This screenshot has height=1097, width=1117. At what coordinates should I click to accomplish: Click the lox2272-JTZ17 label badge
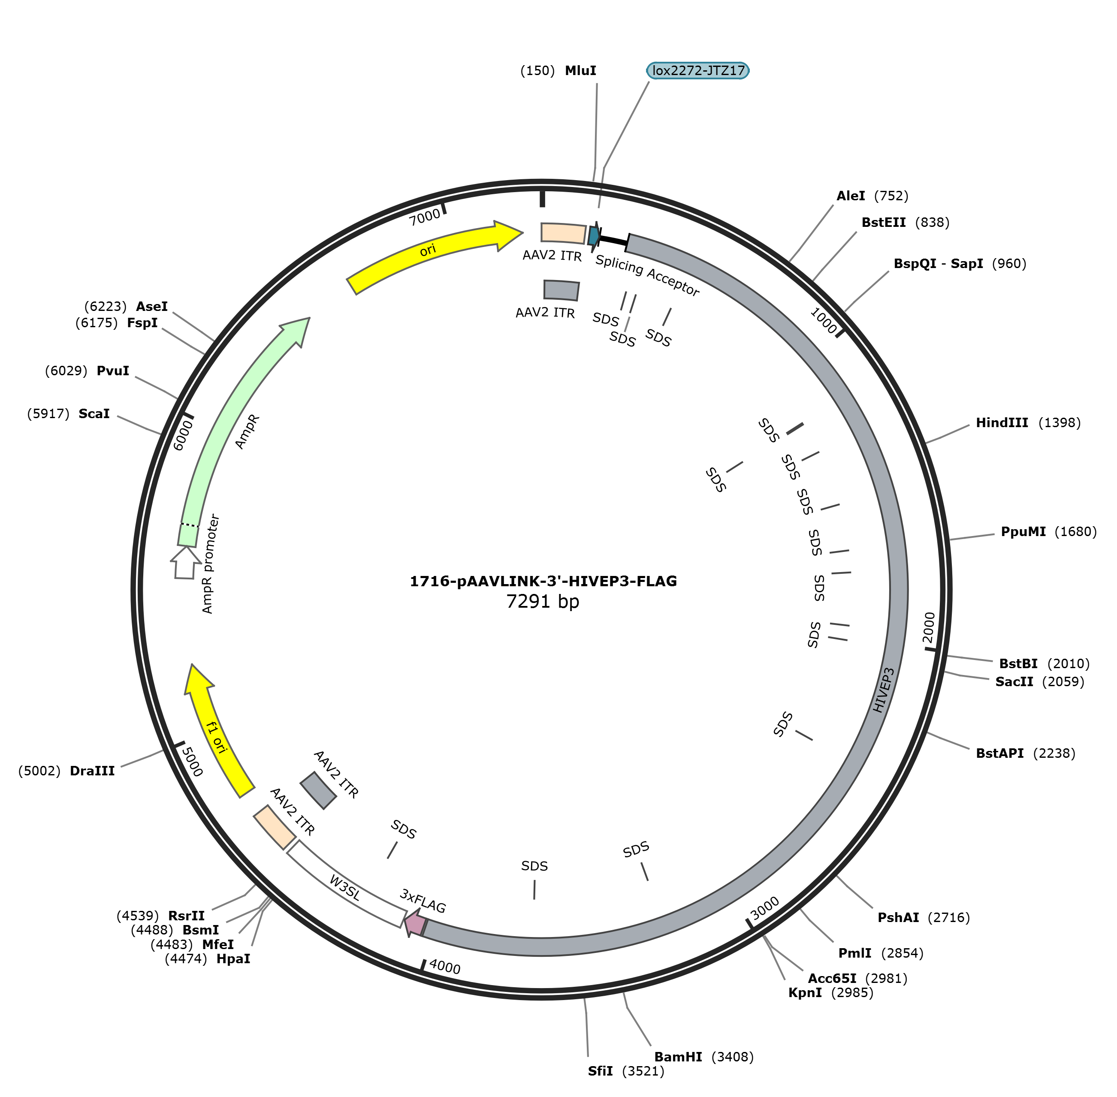coord(697,70)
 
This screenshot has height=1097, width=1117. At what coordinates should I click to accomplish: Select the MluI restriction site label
coord(580,70)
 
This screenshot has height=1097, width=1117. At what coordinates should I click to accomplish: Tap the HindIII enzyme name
coord(1002,423)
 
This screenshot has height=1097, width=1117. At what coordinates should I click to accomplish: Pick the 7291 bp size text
coord(542,602)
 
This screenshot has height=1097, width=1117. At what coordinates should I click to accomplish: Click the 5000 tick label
coord(192,762)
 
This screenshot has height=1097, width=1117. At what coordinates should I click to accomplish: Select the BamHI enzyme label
coord(678,1057)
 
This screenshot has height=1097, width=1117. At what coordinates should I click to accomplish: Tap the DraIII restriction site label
coord(92,771)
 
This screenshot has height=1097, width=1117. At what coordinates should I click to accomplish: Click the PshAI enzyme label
coord(898,918)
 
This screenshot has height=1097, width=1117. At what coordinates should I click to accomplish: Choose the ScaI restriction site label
coord(94,414)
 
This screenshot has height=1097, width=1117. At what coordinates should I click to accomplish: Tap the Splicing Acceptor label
coord(647,275)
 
